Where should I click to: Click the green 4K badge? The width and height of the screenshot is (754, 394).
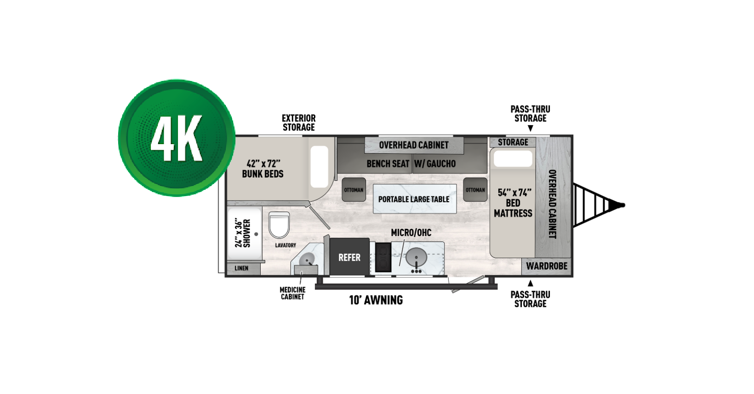click(177, 138)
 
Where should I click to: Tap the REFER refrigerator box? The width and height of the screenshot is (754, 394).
click(349, 257)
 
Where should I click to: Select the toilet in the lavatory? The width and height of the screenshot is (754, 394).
click(279, 224)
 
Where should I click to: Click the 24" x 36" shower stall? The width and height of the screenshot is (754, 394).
click(244, 233)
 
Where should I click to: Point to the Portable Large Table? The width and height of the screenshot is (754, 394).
click(414, 199)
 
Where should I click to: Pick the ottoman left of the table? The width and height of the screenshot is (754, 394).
click(354, 190)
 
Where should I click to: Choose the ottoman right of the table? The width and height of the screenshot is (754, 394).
click(475, 190)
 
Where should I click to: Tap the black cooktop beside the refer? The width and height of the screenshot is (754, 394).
click(383, 257)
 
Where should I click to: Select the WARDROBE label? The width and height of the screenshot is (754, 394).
click(547, 266)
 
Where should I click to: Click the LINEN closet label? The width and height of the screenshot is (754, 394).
click(241, 268)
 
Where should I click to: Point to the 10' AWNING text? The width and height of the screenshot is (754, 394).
click(376, 300)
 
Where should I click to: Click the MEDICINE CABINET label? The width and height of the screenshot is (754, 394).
click(292, 293)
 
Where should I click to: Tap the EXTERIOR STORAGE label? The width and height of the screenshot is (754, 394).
click(298, 123)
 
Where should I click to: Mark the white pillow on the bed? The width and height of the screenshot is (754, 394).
click(513, 159)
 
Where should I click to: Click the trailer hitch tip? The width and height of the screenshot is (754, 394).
click(622, 205)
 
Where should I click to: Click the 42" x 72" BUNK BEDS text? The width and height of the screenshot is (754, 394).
click(263, 169)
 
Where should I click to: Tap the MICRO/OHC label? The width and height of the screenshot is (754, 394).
click(411, 233)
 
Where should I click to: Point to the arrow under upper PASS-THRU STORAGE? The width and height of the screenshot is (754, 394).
click(530, 128)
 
